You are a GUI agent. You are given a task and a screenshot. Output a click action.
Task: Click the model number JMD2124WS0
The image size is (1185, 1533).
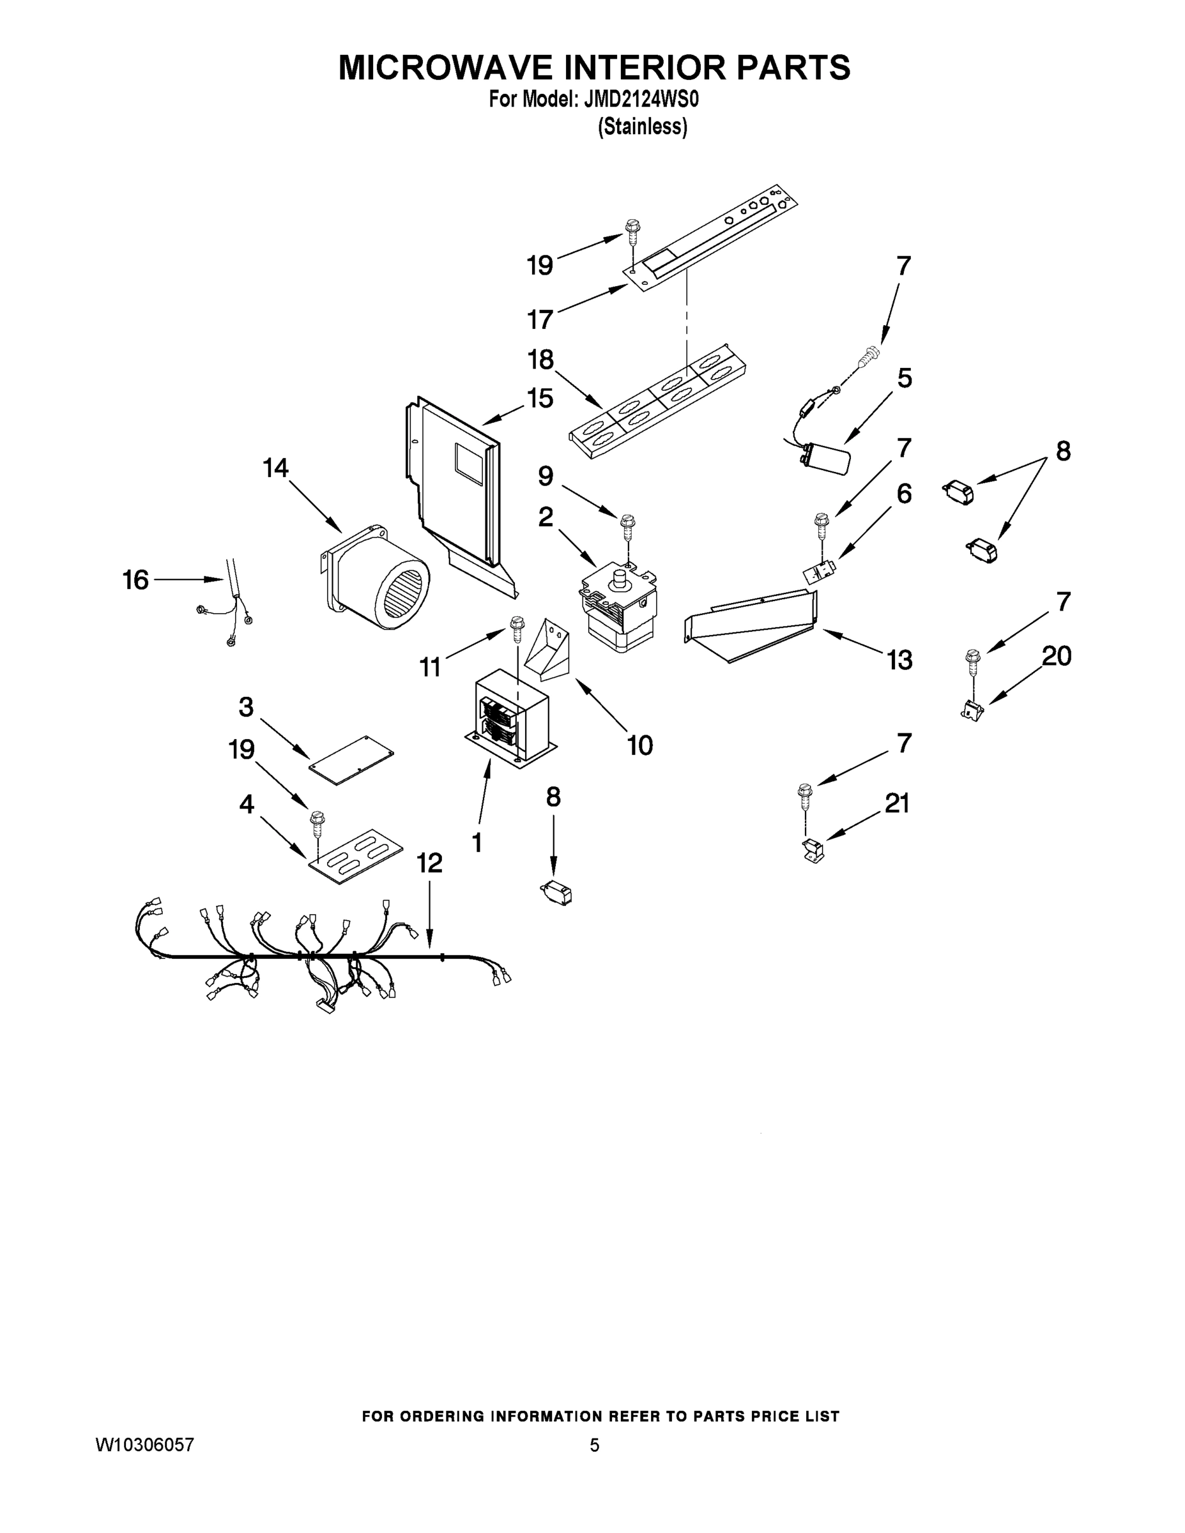[x=640, y=100]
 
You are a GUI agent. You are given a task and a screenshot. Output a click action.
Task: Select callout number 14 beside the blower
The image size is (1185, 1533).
[x=276, y=468]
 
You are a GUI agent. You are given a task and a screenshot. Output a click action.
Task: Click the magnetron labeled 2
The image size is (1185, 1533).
[x=618, y=604]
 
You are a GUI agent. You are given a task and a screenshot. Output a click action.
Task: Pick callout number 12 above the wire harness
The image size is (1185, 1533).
[x=430, y=864]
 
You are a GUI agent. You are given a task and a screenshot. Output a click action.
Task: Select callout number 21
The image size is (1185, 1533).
[x=896, y=803]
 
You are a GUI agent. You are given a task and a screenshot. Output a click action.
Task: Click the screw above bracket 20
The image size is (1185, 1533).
[x=973, y=661]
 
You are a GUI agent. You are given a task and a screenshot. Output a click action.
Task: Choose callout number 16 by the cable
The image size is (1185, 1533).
[x=135, y=580]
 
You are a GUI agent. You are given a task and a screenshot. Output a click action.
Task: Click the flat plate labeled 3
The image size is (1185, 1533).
[x=351, y=761]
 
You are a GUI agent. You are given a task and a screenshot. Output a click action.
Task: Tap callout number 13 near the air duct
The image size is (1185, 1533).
[x=899, y=660]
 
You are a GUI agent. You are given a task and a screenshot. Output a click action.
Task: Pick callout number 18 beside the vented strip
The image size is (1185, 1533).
[x=540, y=360]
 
